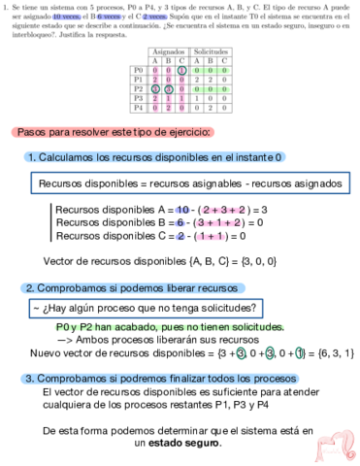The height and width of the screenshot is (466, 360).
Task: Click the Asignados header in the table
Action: click(x=169, y=50)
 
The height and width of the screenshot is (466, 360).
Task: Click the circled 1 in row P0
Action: click(x=181, y=71)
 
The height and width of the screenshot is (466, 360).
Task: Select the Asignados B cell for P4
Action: click(x=168, y=109)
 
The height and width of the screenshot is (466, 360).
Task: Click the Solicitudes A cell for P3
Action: click(x=197, y=99)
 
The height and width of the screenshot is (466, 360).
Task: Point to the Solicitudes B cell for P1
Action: click(x=211, y=81)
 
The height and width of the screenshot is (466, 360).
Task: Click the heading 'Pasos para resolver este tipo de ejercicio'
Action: click(x=115, y=131)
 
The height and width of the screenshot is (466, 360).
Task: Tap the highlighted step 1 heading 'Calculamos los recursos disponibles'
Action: click(x=152, y=156)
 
